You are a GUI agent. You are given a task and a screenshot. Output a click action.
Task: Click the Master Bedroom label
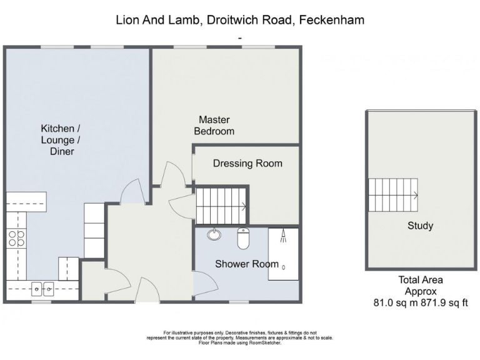tap(214, 125)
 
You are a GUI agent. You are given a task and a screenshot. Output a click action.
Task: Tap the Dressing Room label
tap(247, 164)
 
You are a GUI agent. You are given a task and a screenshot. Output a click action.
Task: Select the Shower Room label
tap(247, 264)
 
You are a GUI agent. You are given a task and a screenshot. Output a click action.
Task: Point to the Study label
tap(420, 226)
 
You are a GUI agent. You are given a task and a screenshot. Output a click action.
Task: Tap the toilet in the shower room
tap(244, 238)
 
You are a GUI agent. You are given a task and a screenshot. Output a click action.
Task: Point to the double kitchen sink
tap(42, 289)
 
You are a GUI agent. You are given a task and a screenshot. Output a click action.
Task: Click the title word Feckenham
tap(331, 20)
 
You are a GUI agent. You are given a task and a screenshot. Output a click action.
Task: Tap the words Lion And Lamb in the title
tap(156, 20)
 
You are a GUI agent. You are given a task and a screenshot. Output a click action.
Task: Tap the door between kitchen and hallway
tap(129, 191)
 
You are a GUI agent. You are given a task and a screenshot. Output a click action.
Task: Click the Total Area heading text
tap(420, 280)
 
